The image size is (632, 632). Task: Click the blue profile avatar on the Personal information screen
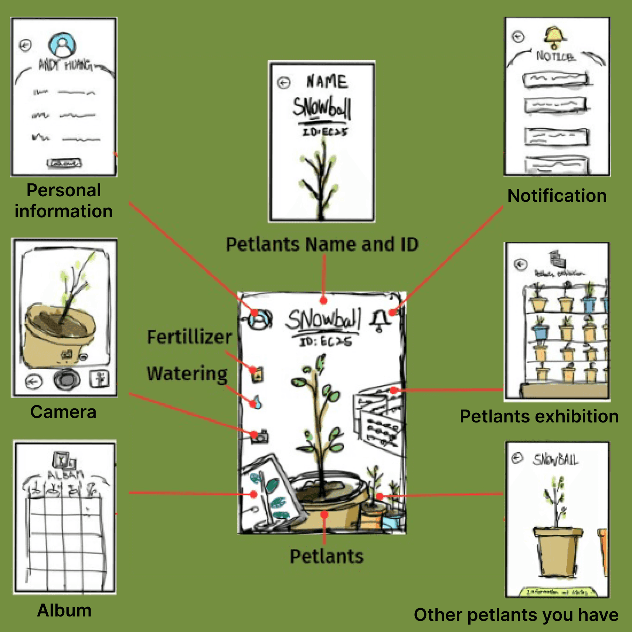[62, 45]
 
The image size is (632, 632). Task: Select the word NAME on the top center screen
[327, 82]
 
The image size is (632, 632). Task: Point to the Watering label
[187, 374]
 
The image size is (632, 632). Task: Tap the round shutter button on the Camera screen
[67, 380]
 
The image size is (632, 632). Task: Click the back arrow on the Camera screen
[34, 381]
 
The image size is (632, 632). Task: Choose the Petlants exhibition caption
[539, 417]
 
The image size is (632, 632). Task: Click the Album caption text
[64, 610]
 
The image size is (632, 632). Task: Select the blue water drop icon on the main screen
[256, 402]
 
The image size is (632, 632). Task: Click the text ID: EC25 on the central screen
[325, 341]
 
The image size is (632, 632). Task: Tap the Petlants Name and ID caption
[322, 244]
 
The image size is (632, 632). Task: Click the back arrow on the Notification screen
[518, 37]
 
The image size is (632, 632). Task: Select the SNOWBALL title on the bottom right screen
[555, 459]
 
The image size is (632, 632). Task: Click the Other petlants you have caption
[516, 615]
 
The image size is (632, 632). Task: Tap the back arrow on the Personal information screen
[26, 45]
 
